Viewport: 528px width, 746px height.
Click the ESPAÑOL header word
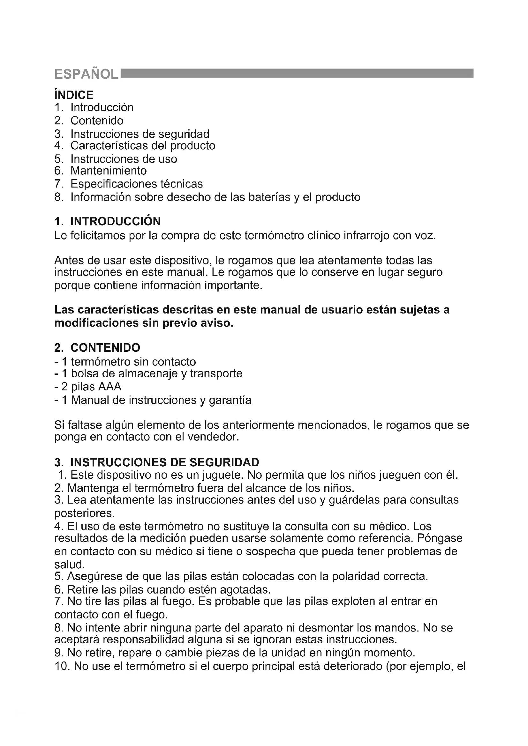86,74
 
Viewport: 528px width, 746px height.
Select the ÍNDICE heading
74,95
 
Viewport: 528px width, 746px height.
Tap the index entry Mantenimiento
109,171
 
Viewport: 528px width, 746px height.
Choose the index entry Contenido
97,121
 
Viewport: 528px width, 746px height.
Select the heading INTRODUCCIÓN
116,221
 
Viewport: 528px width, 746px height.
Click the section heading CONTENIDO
105,348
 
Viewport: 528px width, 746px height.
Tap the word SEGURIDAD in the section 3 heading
224,462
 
